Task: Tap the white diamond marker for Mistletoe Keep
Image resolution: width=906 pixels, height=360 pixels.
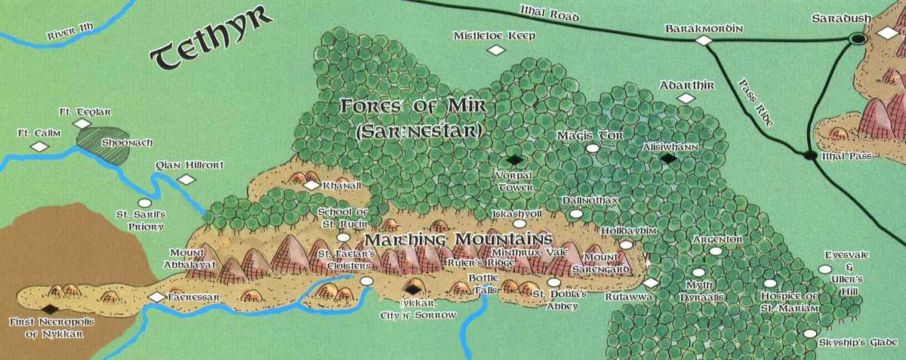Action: click(496, 50)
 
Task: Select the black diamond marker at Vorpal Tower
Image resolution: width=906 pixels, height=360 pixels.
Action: click(516, 159)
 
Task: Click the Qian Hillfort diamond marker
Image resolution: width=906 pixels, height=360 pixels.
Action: click(186, 179)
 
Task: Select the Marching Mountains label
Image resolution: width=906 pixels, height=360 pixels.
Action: click(455, 239)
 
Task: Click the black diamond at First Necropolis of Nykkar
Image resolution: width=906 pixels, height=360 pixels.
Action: click(50, 308)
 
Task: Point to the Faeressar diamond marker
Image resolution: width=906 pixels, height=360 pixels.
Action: click(156, 297)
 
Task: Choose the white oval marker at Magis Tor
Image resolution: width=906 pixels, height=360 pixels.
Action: click(593, 149)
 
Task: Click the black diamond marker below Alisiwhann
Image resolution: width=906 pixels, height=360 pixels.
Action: click(667, 158)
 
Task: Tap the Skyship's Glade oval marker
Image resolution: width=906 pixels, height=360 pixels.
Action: click(810, 333)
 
